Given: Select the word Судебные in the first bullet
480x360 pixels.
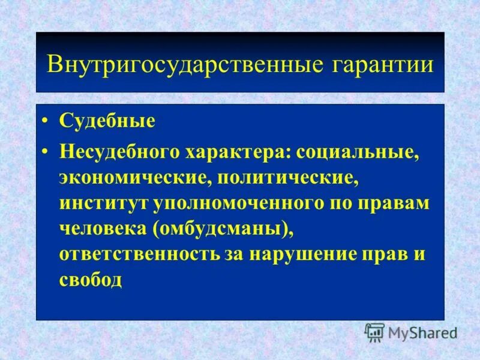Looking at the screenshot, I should [x=107, y=121].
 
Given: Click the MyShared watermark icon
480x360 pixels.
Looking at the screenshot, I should [x=374, y=332].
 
